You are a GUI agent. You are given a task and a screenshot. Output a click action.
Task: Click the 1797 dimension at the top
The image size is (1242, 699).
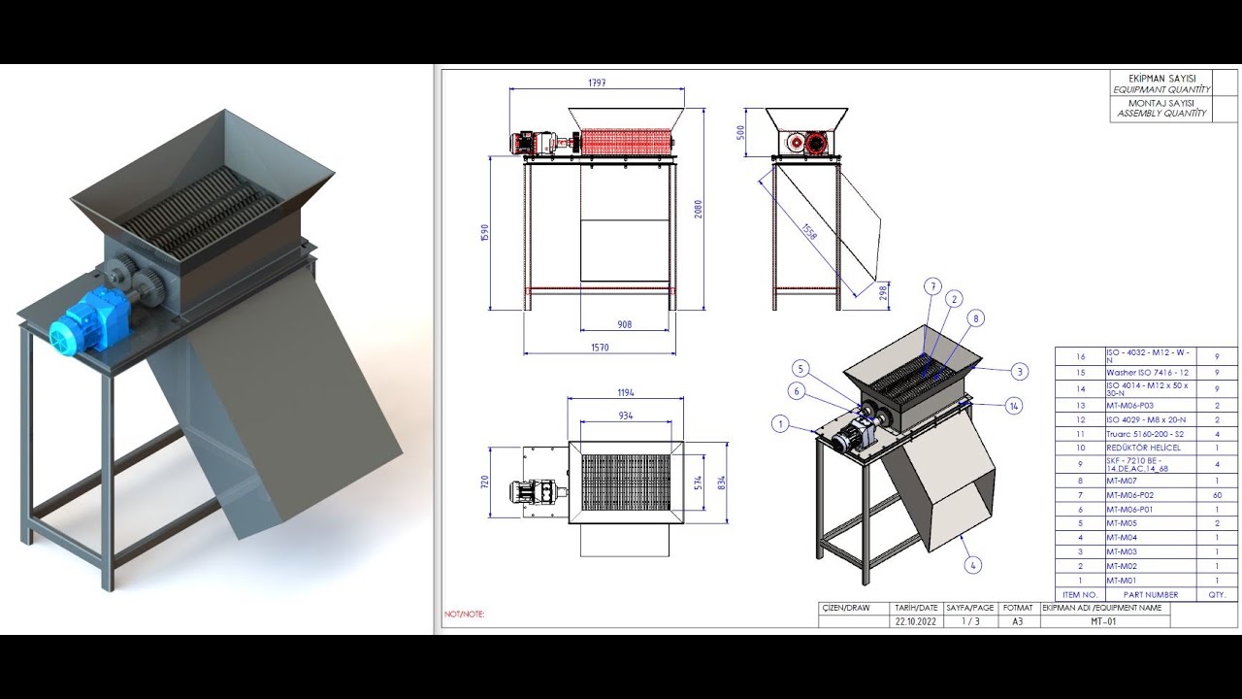(597, 83)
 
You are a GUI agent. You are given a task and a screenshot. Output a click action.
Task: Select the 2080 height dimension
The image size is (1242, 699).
(698, 209)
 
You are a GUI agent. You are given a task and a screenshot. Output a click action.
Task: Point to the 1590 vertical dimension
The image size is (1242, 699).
(485, 234)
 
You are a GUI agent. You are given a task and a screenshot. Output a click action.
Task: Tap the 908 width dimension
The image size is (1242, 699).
(625, 324)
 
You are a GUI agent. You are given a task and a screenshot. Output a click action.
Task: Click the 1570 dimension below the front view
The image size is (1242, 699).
(599, 348)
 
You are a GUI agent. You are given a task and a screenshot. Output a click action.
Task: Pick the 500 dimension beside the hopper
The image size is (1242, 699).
(741, 131)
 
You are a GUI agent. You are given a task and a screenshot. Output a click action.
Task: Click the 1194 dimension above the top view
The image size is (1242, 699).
(625, 393)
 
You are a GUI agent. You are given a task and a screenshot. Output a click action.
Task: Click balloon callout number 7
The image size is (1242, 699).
(933, 286)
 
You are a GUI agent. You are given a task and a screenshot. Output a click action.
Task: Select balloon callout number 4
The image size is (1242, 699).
(974, 564)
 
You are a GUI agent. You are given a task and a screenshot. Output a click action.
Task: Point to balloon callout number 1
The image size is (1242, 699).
(779, 423)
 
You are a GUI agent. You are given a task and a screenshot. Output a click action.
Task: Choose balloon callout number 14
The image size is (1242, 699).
(1014, 405)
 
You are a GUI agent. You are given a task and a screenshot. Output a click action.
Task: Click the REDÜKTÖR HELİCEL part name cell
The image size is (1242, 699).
(1143, 449)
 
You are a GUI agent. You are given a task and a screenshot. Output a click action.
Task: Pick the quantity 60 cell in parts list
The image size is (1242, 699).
(1217, 495)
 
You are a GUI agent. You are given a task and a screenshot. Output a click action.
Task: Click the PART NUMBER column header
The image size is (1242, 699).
(1150, 594)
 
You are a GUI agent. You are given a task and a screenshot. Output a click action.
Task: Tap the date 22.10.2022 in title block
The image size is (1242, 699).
(917, 621)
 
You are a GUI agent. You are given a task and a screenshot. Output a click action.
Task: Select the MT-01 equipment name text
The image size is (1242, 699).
(1103, 621)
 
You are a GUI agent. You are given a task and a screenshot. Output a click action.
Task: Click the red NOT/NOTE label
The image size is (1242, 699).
(464, 615)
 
